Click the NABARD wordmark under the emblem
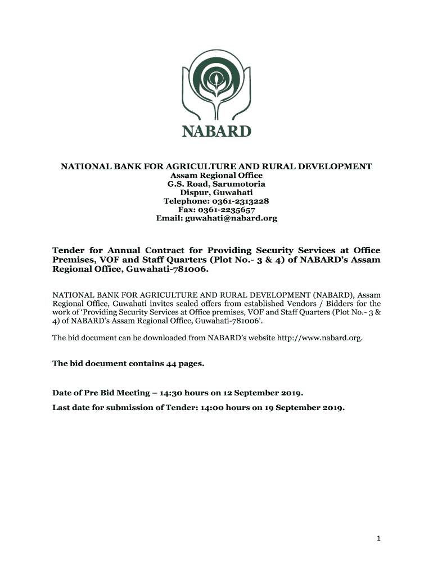pyautogui.click(x=216, y=132)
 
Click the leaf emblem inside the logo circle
pyautogui.click(x=216, y=79)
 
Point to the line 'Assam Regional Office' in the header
pyautogui.click(x=216, y=175)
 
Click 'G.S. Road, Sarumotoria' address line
pyautogui.click(x=216, y=184)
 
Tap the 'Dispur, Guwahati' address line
pyautogui.click(x=216, y=192)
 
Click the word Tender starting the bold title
pyautogui.click(x=69, y=250)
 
